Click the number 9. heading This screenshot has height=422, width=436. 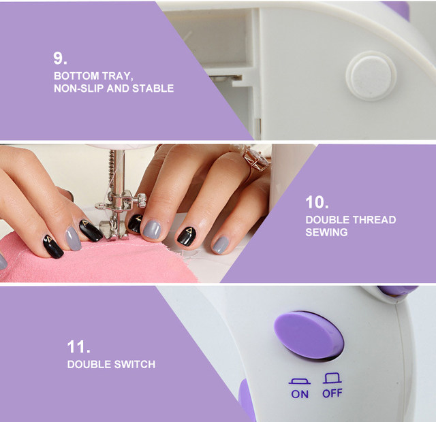click(x=60, y=59)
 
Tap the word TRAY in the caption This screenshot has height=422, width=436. click(x=117, y=76)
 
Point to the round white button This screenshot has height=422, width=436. click(x=371, y=76)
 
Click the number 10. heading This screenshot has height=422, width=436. click(x=317, y=202)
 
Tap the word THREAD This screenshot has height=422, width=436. click(x=374, y=220)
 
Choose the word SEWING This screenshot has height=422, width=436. click(x=326, y=232)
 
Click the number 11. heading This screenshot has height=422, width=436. click(x=79, y=346)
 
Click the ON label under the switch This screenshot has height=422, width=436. click(x=300, y=394)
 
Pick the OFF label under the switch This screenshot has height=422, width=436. click(x=332, y=393)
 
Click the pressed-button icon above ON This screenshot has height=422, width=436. click(x=300, y=381)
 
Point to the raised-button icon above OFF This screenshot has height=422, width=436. click(x=332, y=378)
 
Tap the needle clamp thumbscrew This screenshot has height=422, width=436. click(x=141, y=200)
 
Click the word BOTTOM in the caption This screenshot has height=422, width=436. click(x=76, y=76)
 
